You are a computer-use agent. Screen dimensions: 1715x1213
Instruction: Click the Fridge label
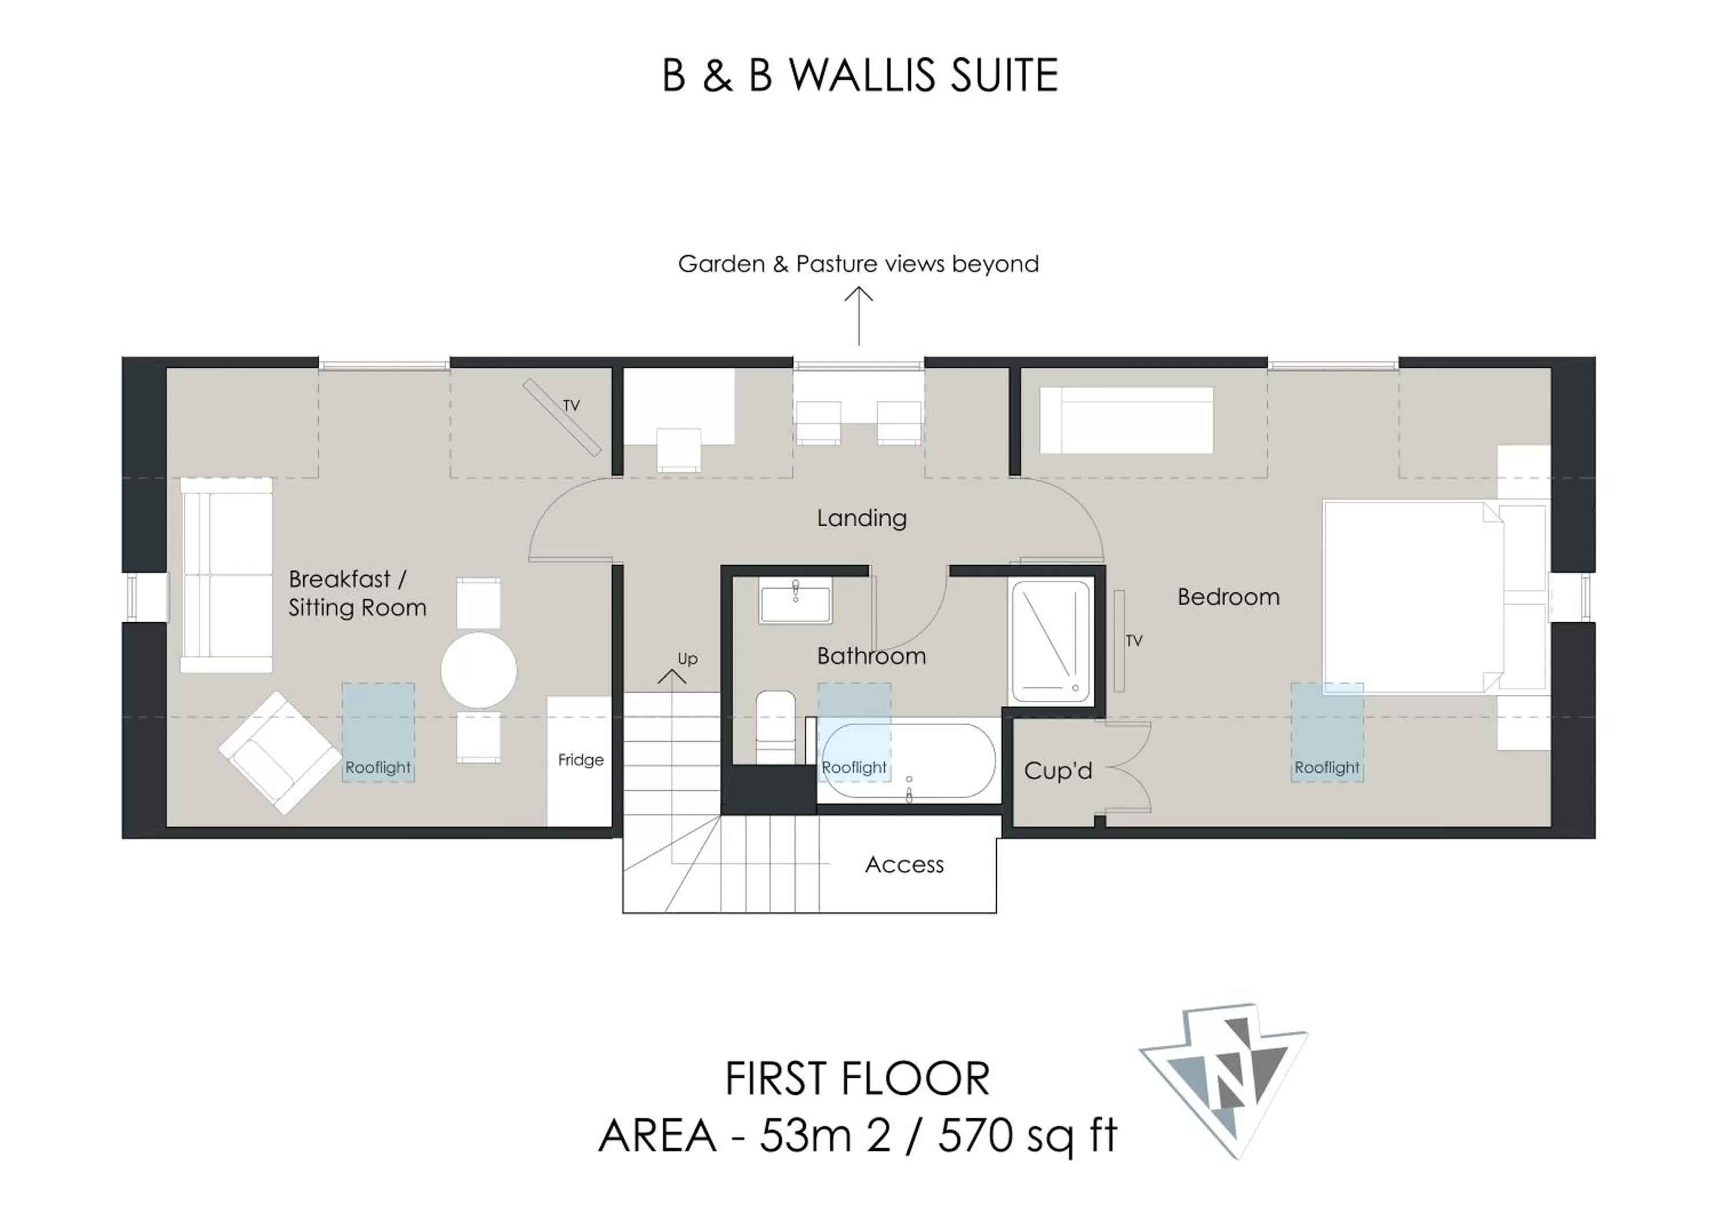coord(580,760)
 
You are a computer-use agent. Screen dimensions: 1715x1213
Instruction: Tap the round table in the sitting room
coord(479,670)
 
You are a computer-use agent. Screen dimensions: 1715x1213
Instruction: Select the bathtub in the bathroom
coord(909,761)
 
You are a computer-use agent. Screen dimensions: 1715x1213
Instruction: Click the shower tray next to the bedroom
coord(1051,641)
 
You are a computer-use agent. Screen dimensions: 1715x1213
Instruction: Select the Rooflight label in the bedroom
coord(1327,767)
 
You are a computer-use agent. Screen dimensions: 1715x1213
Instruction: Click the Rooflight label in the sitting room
coord(377,767)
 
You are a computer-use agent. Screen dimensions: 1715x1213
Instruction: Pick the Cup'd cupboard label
coord(1058,770)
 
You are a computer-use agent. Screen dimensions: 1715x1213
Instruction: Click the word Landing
coord(862,518)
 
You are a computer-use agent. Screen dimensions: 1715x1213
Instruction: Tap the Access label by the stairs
coord(904,864)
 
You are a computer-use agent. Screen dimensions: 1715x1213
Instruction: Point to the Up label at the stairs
coord(687,659)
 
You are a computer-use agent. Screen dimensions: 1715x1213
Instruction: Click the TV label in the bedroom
coord(1134,640)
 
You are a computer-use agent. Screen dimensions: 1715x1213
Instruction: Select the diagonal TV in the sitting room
coord(562,417)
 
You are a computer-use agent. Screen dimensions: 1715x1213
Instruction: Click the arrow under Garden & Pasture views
coord(859,317)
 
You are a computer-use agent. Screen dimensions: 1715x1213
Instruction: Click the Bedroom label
coord(1229,597)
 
